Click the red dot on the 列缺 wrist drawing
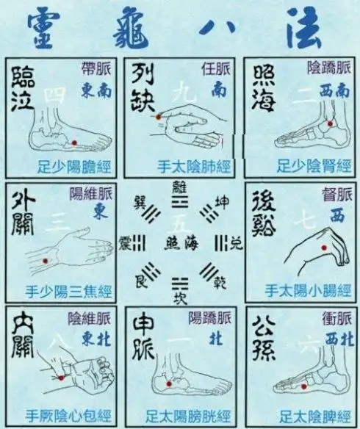click(159, 118)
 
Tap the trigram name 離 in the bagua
click(179, 187)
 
